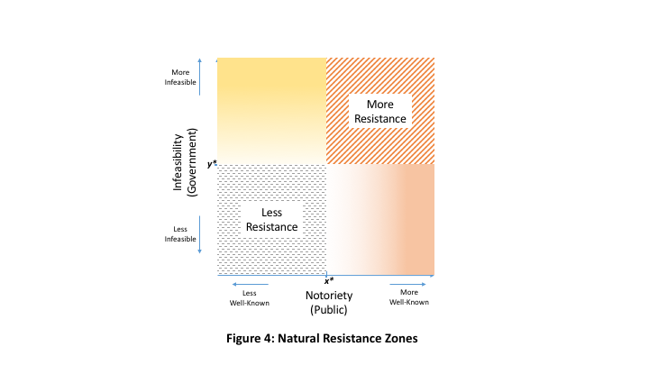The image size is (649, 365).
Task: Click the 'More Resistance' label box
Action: point(379,111)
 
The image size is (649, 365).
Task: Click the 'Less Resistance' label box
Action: point(271,219)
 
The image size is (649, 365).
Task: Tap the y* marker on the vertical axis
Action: point(212,163)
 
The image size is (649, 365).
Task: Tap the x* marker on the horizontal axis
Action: point(330,281)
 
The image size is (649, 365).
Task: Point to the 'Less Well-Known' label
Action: point(251,297)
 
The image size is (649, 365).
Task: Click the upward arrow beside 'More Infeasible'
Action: point(198,78)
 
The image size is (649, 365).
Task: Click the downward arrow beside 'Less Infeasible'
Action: point(198,234)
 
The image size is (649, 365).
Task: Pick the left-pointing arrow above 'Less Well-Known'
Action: point(251,285)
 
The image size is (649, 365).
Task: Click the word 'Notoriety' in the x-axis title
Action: point(328,296)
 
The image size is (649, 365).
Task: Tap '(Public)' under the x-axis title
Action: point(328,309)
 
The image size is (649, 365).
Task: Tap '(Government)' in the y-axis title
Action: point(191,162)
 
